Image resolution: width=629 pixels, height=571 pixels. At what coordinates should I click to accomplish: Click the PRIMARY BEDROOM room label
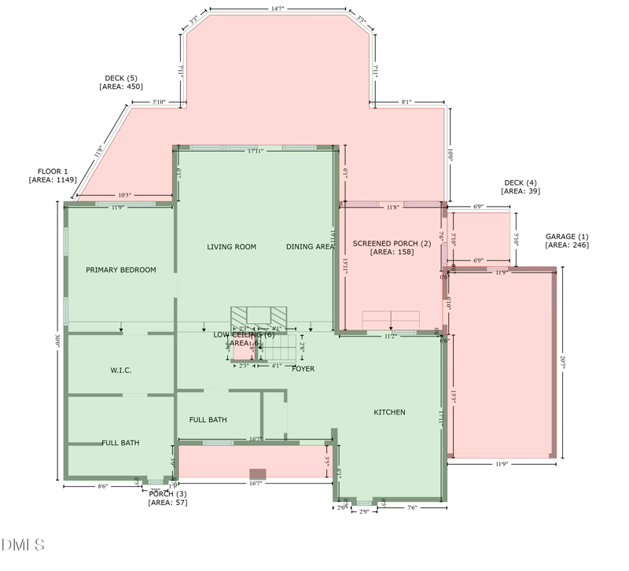(120, 270)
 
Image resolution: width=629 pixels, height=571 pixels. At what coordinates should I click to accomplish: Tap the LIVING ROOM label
(231, 247)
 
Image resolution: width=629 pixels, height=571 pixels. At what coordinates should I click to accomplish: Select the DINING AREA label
(310, 247)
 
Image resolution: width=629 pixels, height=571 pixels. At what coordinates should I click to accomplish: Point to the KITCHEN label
(389, 412)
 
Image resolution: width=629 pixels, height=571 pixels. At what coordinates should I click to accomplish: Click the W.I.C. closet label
(120, 370)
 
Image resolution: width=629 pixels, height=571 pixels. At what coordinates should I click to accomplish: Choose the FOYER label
(303, 368)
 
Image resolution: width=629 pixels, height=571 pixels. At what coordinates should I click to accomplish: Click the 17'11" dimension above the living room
(255, 150)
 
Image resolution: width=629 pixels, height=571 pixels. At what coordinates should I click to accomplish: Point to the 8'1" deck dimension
(406, 102)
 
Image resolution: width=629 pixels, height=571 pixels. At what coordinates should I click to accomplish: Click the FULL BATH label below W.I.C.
(120, 443)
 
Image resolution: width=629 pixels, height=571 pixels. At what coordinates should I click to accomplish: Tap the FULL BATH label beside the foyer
(208, 419)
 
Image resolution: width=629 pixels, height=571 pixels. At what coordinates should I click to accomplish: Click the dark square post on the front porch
(257, 474)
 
